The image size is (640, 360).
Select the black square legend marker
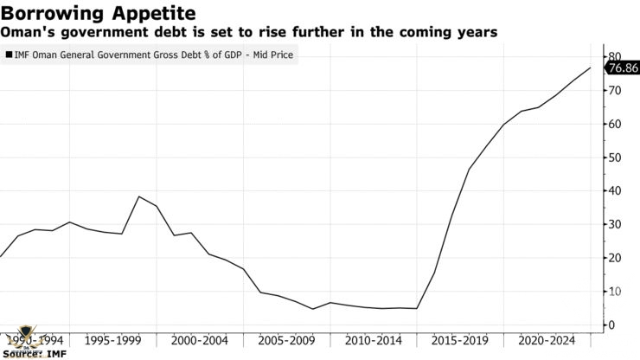8,55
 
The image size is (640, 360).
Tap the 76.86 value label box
623,67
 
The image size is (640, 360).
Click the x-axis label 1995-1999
113,340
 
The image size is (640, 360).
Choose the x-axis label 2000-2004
200,340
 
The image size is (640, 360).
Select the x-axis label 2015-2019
459,340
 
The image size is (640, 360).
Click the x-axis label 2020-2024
545,340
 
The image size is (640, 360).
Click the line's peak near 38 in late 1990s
139,196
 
